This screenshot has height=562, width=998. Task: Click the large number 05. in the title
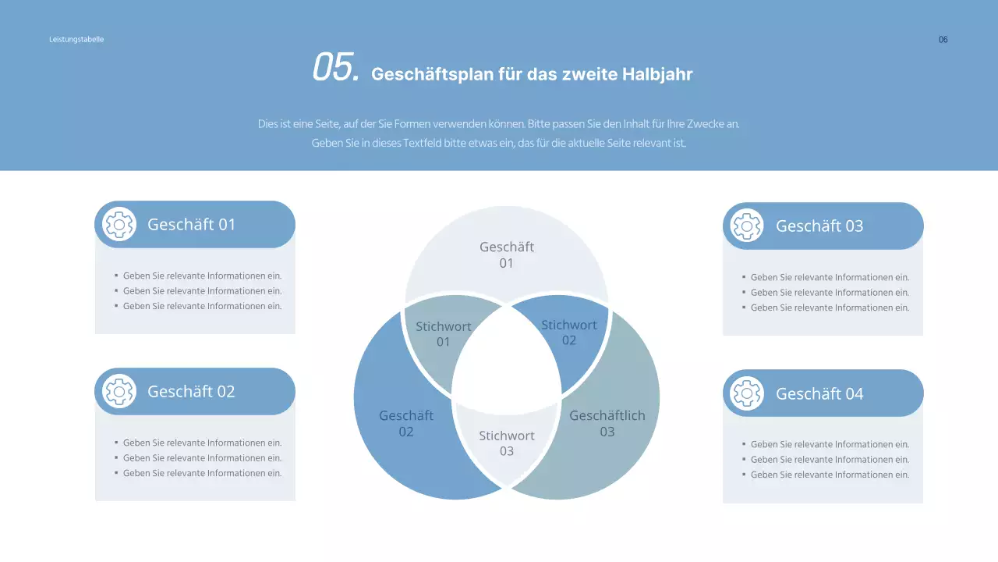335,68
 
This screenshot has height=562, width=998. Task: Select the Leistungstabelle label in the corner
76,39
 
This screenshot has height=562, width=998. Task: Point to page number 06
943,40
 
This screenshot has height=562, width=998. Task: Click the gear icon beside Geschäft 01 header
119,225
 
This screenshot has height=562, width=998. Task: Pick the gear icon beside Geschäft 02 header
119,392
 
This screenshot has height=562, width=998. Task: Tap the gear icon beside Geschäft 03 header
747,226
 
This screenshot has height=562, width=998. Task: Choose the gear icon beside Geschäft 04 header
747,393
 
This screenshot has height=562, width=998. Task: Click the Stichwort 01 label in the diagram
443,334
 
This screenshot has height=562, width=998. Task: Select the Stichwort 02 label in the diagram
569,333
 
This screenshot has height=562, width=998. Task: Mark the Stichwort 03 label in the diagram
507,443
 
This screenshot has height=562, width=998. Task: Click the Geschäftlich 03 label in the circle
607,424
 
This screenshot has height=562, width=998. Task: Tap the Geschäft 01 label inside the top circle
507,254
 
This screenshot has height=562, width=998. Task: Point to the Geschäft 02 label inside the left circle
406,424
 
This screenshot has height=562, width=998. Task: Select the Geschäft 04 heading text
819,394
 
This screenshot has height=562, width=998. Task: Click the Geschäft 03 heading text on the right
819,226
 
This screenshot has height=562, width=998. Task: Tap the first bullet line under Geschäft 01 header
202,276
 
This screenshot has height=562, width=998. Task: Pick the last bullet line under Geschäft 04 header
830,475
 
